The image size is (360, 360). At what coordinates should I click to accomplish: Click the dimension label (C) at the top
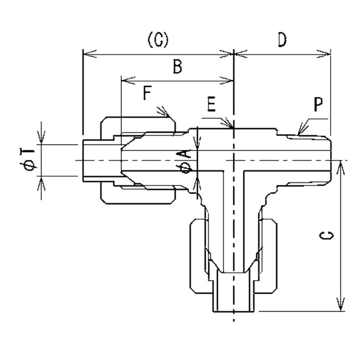pyautogui.click(x=157, y=41)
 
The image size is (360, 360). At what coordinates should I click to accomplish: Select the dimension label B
pyautogui.click(x=177, y=67)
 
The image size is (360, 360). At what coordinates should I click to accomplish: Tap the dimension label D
pyautogui.click(x=282, y=41)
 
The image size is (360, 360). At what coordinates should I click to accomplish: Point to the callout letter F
pyautogui.click(x=147, y=94)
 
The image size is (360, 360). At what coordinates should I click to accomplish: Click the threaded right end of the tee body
pyautogui.click(x=310, y=160)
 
